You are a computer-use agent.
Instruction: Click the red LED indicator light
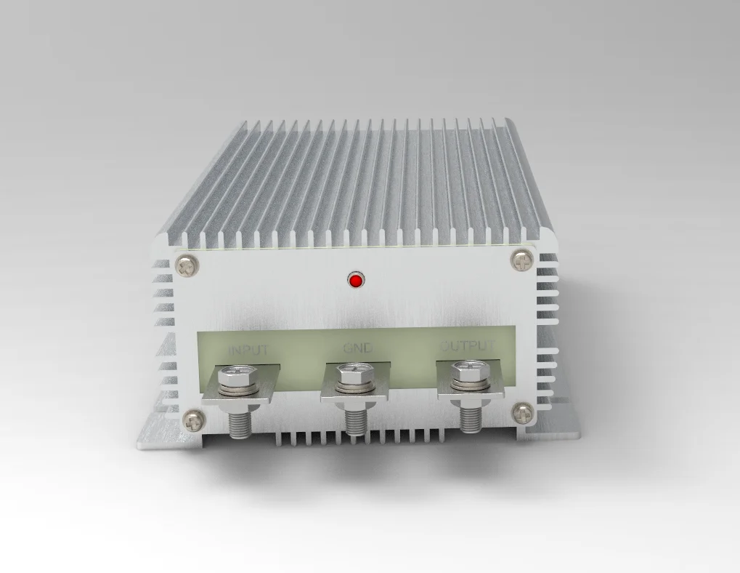click(355, 280)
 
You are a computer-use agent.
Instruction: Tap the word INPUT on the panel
click(249, 350)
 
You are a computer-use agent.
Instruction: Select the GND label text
click(357, 348)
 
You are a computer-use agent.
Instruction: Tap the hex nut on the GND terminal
click(356, 375)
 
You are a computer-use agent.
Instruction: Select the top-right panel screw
click(521, 259)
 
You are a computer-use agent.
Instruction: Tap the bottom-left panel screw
click(192, 419)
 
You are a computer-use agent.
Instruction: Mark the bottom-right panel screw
click(522, 414)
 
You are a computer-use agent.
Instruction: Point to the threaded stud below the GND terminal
click(354, 420)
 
